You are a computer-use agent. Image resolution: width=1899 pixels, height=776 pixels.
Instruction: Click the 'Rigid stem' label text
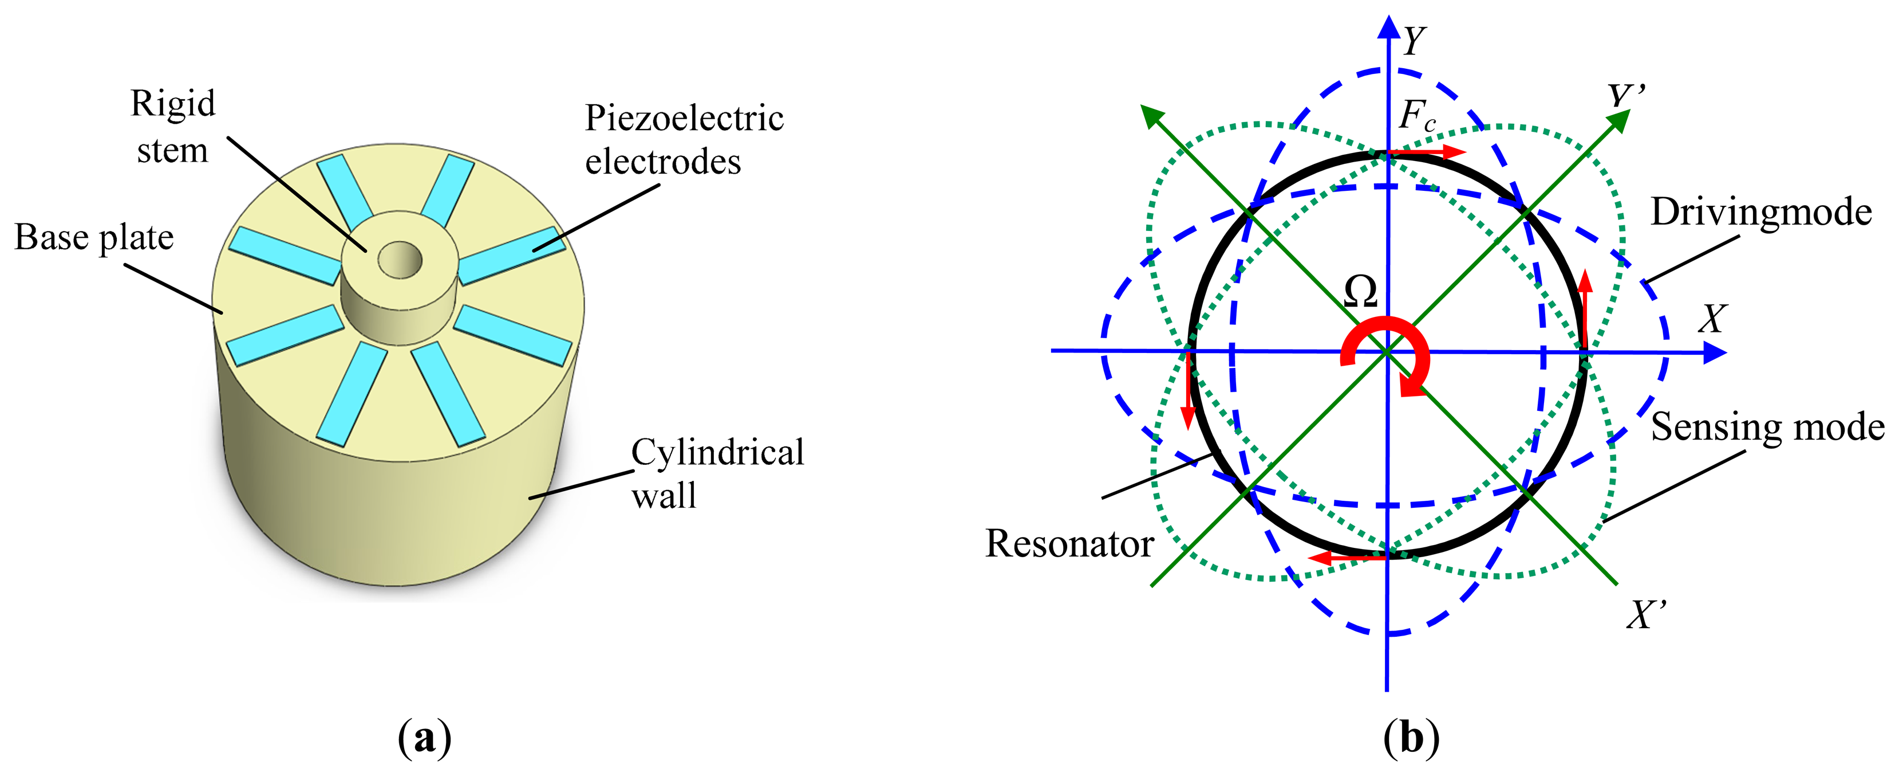(172, 127)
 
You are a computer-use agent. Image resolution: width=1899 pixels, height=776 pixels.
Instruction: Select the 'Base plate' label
(94, 237)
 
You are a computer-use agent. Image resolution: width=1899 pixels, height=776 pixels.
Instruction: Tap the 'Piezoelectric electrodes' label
(684, 139)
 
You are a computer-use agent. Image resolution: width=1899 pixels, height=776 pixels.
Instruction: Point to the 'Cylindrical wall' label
(717, 473)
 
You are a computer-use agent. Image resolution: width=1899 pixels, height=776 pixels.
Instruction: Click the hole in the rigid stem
(400, 260)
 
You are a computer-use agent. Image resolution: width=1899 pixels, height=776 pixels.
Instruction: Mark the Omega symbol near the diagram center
(1360, 293)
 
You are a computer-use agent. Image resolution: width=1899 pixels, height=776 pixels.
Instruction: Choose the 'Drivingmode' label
(1760, 213)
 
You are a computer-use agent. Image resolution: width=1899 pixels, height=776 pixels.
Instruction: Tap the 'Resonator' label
(1069, 544)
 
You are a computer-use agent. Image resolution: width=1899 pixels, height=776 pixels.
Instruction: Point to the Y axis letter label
(1414, 41)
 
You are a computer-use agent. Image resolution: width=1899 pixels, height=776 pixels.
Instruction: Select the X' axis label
(1646, 614)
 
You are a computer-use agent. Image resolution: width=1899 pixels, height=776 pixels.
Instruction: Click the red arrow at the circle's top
(1427, 152)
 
